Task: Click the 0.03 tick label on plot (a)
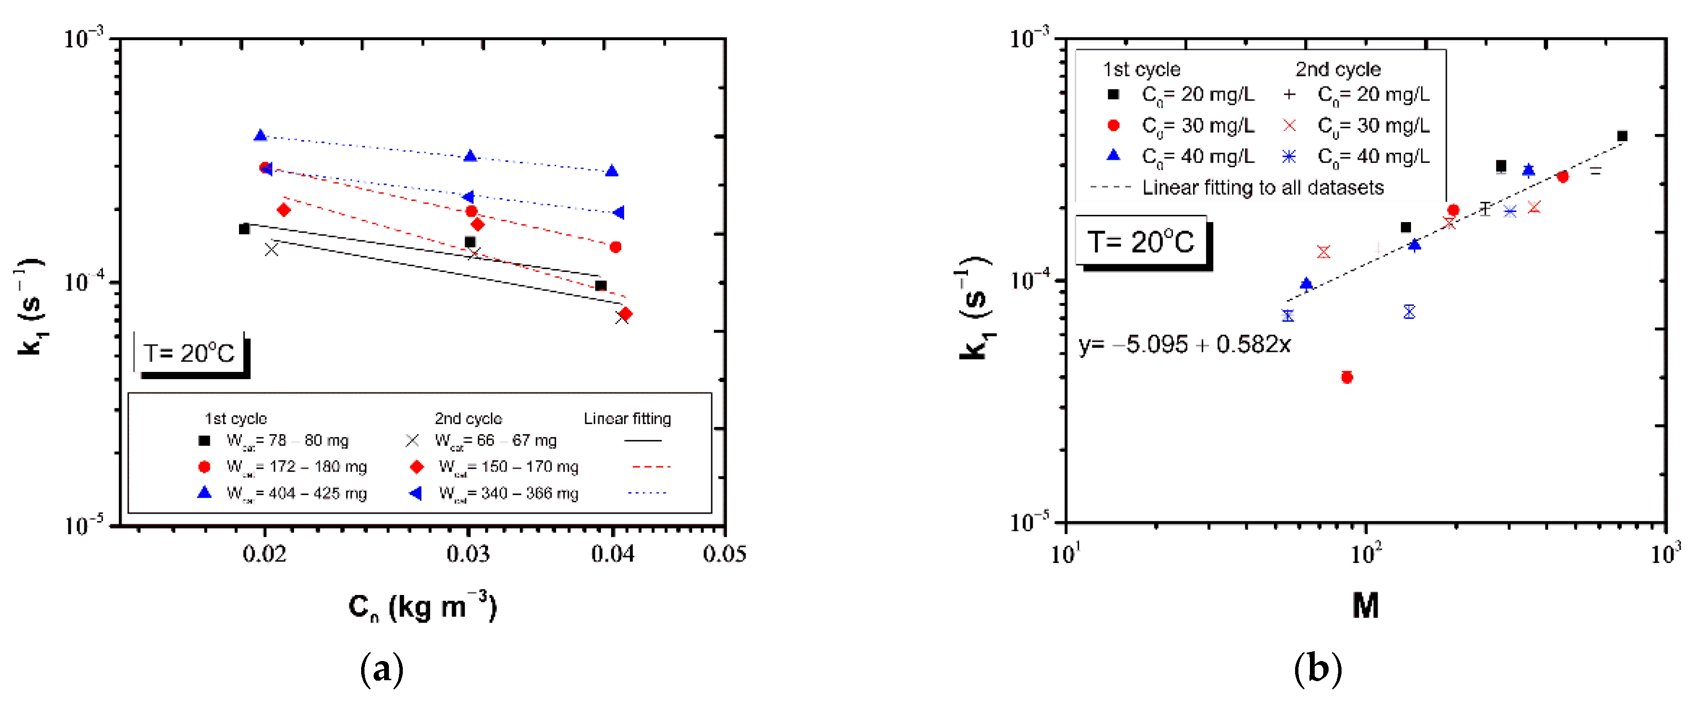tap(468, 554)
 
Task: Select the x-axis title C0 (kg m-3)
tap(422, 606)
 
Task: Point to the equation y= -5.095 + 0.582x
tap(1184, 345)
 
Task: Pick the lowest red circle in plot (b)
tap(1347, 377)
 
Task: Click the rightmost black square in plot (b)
tap(1622, 136)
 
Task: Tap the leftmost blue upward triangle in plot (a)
tap(261, 135)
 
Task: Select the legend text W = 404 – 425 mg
tap(296, 493)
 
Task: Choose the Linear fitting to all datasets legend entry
tap(1262, 188)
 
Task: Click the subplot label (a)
tap(382, 670)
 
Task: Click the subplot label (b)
tap(1317, 670)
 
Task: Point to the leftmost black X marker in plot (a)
tap(271, 249)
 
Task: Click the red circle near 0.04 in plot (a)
tap(615, 247)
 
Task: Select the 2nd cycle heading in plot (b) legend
tap(1338, 69)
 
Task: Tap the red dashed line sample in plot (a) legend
tap(651, 466)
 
